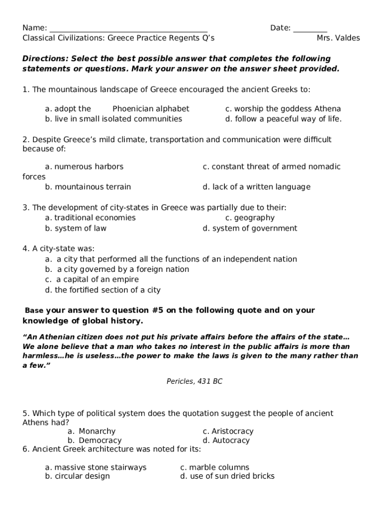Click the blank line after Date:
click(310, 29)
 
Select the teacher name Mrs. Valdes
click(338, 38)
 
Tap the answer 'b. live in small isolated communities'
click(113, 119)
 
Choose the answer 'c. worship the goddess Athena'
click(283, 109)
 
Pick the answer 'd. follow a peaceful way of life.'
click(283, 119)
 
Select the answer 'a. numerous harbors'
click(84, 167)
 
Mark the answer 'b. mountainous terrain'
click(88, 187)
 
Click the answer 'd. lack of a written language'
click(256, 187)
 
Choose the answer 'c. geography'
click(250, 218)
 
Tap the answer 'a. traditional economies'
click(90, 218)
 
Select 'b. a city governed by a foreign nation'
click(117, 269)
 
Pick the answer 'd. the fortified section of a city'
click(102, 290)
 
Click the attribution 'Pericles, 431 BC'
click(194, 381)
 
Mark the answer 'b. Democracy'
click(95, 440)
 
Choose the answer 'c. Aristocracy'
click(228, 431)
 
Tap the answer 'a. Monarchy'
click(92, 431)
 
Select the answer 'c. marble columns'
click(214, 467)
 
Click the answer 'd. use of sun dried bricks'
click(227, 476)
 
